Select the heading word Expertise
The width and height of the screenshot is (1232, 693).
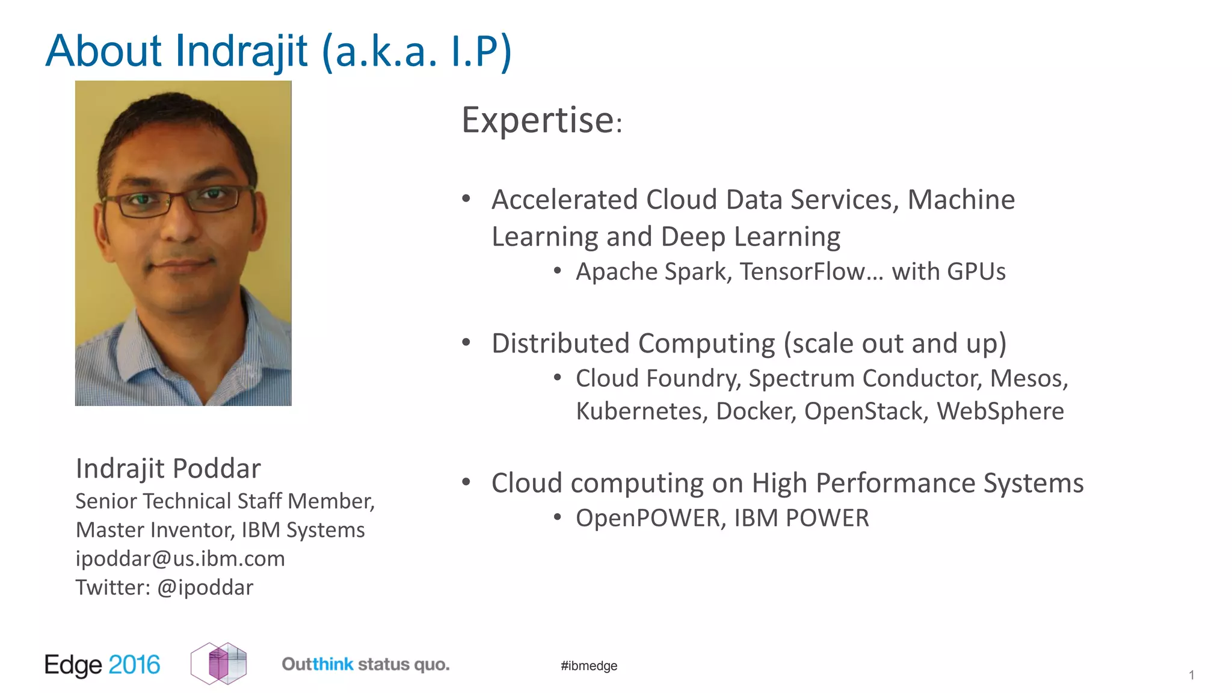pos(538,120)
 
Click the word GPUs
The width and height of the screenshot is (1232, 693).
pos(976,272)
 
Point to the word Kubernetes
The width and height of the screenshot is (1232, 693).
pos(641,411)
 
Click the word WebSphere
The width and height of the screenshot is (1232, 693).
pos(1000,411)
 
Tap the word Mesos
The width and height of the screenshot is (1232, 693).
pos(1028,378)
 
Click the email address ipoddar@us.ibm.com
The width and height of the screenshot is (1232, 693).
pos(180,559)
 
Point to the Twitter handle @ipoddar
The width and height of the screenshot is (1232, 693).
pos(205,588)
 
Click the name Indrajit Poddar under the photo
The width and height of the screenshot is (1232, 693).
pos(168,469)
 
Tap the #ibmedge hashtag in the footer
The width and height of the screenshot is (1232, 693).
pos(589,666)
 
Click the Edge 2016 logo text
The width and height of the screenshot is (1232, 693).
pos(102,665)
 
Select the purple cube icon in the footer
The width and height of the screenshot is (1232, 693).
pos(219,664)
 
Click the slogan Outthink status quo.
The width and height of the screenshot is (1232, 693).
pos(366,665)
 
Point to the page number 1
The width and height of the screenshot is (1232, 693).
pos(1191,676)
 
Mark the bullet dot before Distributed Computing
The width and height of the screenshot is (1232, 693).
pos(466,343)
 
